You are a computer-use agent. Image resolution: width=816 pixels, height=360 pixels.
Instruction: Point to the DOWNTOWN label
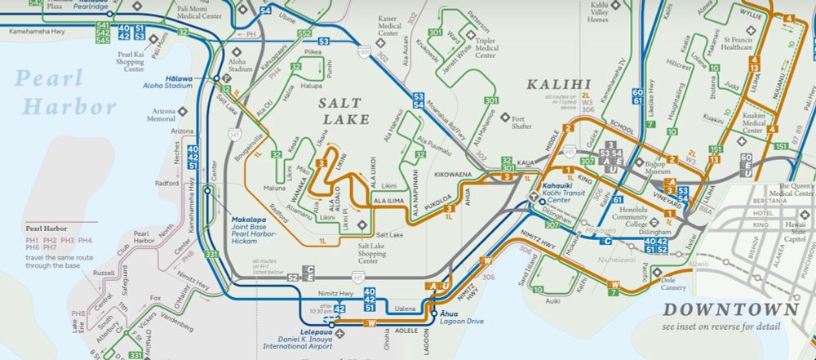point(730,309)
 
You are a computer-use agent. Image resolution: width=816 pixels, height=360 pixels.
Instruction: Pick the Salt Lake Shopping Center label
point(363,251)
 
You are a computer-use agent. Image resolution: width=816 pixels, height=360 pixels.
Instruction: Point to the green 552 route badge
point(304,32)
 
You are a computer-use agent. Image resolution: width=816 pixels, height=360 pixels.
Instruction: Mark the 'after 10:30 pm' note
point(321,309)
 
